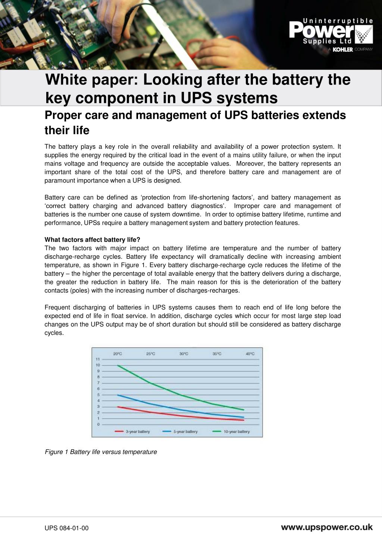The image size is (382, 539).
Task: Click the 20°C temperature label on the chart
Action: [x=118, y=354]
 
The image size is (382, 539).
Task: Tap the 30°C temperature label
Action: [x=184, y=354]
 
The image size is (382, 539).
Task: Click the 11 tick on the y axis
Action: [x=98, y=359]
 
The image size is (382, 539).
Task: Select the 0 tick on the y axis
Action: [x=98, y=424]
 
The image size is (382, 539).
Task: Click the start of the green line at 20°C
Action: [x=118, y=365]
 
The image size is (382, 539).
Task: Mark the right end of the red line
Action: [x=244, y=420]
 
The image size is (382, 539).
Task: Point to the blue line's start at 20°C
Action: [x=118, y=395]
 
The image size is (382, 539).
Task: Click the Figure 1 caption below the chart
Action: [x=101, y=452]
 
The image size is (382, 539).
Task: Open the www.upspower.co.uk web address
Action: [x=326, y=527]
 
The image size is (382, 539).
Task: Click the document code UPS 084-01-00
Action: [x=67, y=528]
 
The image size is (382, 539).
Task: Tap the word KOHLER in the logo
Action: [x=342, y=50]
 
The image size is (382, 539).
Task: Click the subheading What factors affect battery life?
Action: [x=92, y=240]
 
